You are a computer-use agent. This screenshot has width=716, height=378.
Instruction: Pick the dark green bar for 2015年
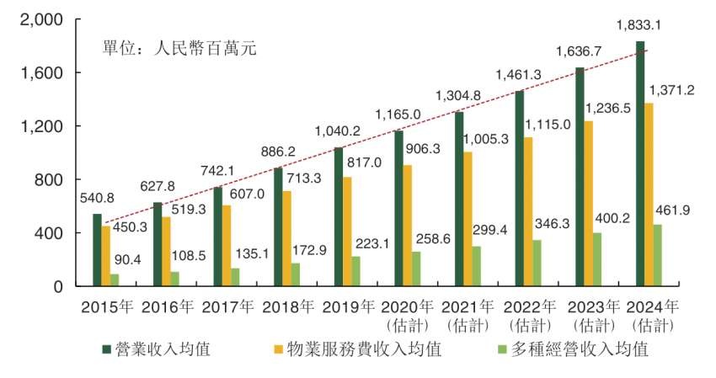[98, 250]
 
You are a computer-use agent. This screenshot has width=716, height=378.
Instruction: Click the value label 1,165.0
[398, 114]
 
